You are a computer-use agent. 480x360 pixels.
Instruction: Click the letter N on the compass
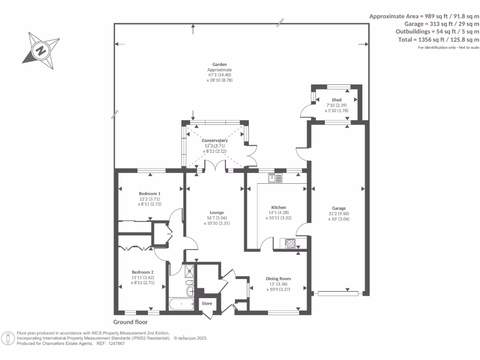click(x=41, y=50)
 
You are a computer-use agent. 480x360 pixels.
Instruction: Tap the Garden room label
click(x=219, y=64)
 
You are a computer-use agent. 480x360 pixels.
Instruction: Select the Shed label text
click(x=337, y=100)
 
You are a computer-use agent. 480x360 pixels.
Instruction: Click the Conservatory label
click(x=215, y=140)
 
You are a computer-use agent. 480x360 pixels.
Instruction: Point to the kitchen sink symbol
click(x=275, y=178)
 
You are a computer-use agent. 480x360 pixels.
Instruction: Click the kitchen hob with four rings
click(x=290, y=244)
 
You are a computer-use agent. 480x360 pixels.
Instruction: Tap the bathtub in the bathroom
click(x=181, y=304)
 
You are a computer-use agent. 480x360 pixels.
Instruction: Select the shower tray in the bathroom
click(x=189, y=271)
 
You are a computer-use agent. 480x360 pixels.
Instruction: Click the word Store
click(x=207, y=303)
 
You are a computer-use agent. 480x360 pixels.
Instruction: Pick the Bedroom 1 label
click(x=150, y=194)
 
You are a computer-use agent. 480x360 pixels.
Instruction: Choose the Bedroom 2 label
click(x=142, y=272)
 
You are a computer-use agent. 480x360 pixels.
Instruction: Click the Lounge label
click(x=217, y=212)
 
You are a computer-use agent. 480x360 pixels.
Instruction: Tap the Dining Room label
click(x=278, y=278)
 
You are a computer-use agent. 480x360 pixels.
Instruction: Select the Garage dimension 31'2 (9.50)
click(x=338, y=214)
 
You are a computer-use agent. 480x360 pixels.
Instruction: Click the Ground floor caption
click(x=130, y=322)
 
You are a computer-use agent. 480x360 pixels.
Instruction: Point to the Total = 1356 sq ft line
click(x=439, y=39)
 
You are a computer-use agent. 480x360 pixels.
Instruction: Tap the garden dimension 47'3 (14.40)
click(x=219, y=75)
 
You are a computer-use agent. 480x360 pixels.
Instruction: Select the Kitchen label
click(x=278, y=207)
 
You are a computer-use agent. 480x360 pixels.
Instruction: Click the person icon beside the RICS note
click(x=7, y=338)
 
